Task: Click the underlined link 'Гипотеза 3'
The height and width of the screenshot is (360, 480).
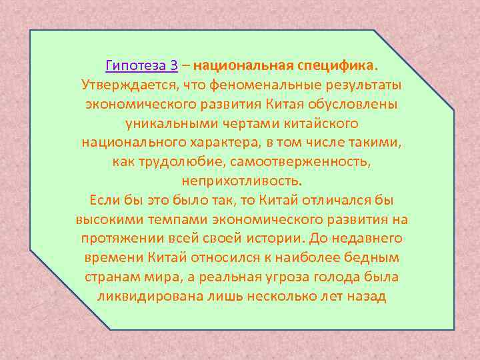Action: coord(141,66)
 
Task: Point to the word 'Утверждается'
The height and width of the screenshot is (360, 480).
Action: coord(126,85)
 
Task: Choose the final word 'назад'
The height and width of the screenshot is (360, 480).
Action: coord(365,296)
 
